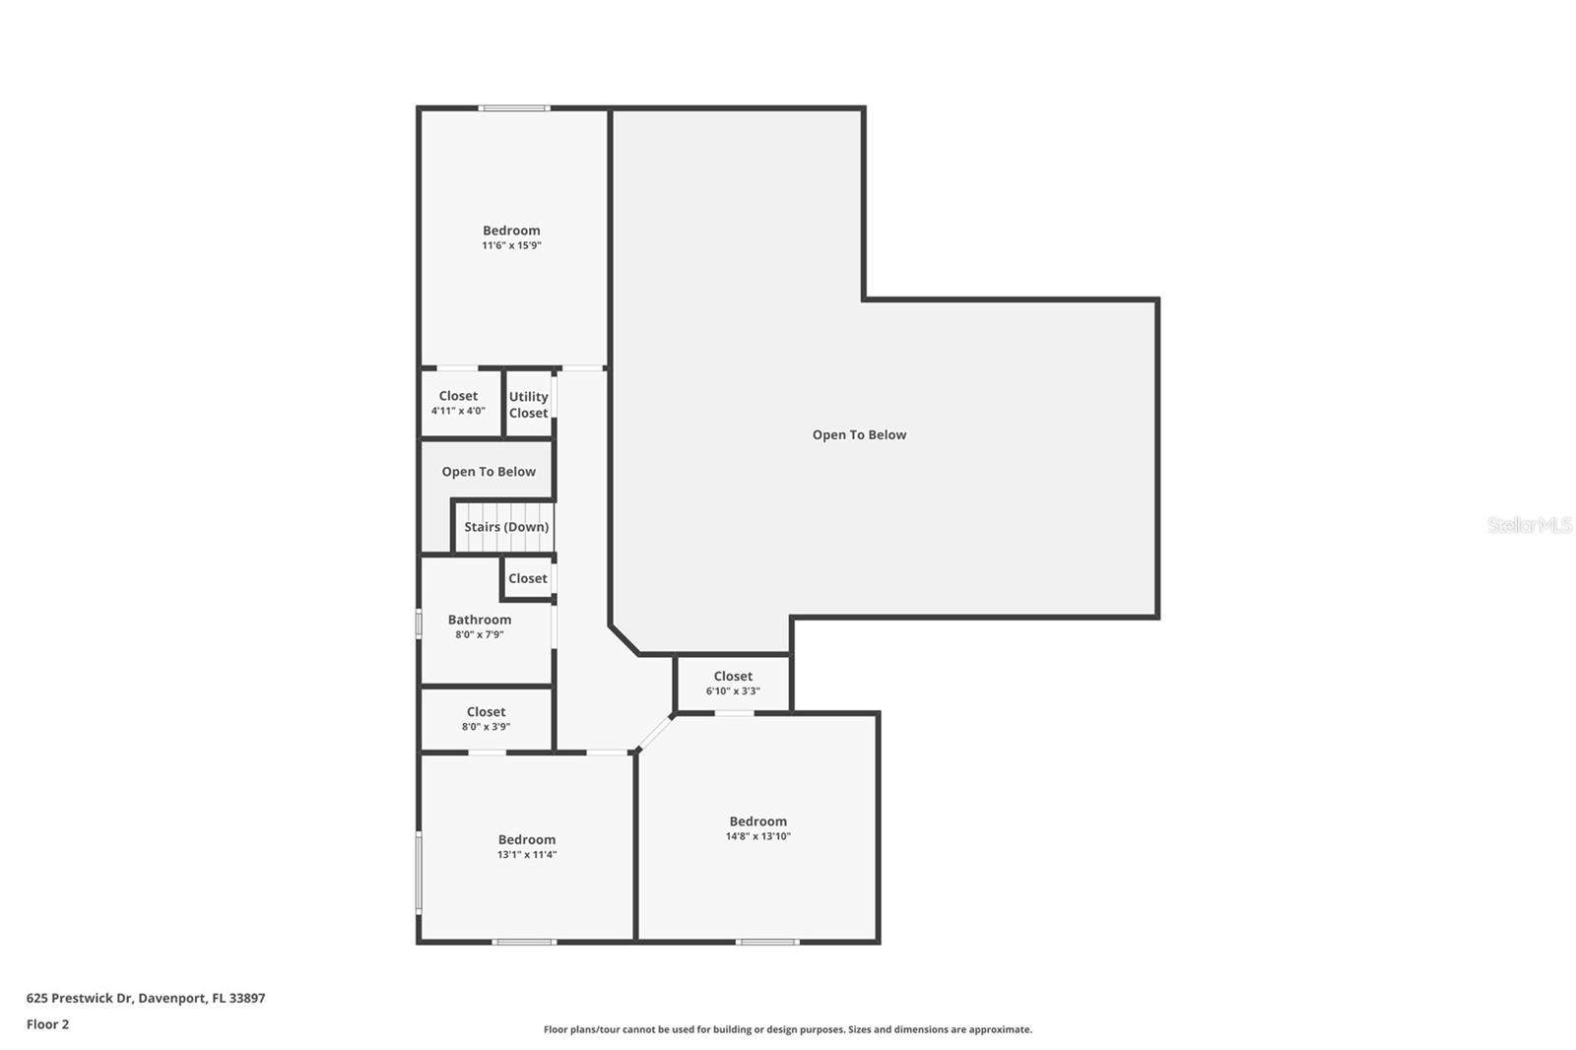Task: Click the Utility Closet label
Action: pyautogui.click(x=528, y=405)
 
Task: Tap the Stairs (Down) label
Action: pyautogui.click(x=506, y=527)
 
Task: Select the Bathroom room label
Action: pyautogui.click(x=480, y=620)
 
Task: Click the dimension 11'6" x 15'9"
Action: pyautogui.click(x=511, y=245)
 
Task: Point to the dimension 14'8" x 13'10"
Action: pyautogui.click(x=757, y=836)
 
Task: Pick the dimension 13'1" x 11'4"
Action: pyautogui.click(x=527, y=855)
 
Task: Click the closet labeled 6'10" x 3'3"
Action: pyautogui.click(x=733, y=683)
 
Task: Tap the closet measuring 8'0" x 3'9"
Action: pyautogui.click(x=486, y=718)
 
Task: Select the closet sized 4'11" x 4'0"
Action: pyautogui.click(x=458, y=403)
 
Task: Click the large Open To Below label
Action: pyautogui.click(x=859, y=434)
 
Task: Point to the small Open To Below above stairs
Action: pyautogui.click(x=489, y=472)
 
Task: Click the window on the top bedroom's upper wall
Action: pyautogui.click(x=513, y=108)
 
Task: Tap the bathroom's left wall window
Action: pyautogui.click(x=419, y=624)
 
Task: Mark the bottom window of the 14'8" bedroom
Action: pyautogui.click(x=767, y=942)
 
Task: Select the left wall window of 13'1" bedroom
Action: pyautogui.click(x=419, y=873)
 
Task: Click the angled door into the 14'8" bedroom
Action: pyautogui.click(x=654, y=733)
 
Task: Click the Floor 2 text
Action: pyautogui.click(x=47, y=1024)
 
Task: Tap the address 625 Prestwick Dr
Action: pyautogui.click(x=145, y=998)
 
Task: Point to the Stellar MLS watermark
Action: pyautogui.click(x=1529, y=525)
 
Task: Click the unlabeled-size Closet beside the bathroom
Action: pyautogui.click(x=528, y=578)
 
